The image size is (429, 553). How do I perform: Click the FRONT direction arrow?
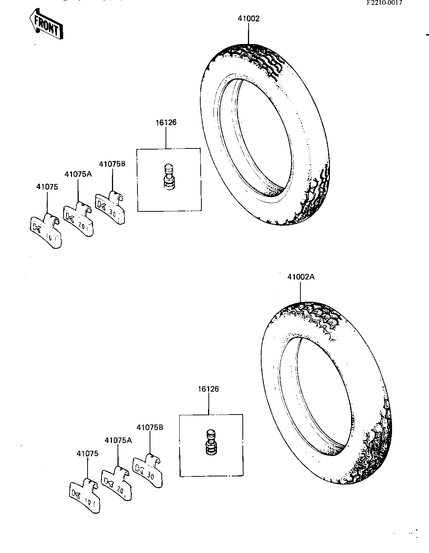tap(46, 24)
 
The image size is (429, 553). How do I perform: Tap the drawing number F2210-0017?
tap(384, 3)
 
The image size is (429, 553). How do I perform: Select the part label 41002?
tap(248, 19)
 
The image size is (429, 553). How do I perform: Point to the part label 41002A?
tap(301, 277)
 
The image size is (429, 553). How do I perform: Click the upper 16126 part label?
tap(166, 123)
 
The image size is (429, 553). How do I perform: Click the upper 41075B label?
tap(112, 164)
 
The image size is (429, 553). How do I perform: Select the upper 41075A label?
tap(78, 174)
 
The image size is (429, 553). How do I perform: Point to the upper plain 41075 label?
tap(47, 187)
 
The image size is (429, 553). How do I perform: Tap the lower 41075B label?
tap(150, 427)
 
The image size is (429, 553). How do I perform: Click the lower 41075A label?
tap(118, 440)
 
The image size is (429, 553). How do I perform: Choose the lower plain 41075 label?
tap(87, 453)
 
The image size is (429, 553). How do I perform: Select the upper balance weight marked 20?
tap(78, 219)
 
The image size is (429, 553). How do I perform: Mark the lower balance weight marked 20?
tap(116, 483)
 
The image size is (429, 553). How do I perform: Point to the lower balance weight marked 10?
tap(85, 497)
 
